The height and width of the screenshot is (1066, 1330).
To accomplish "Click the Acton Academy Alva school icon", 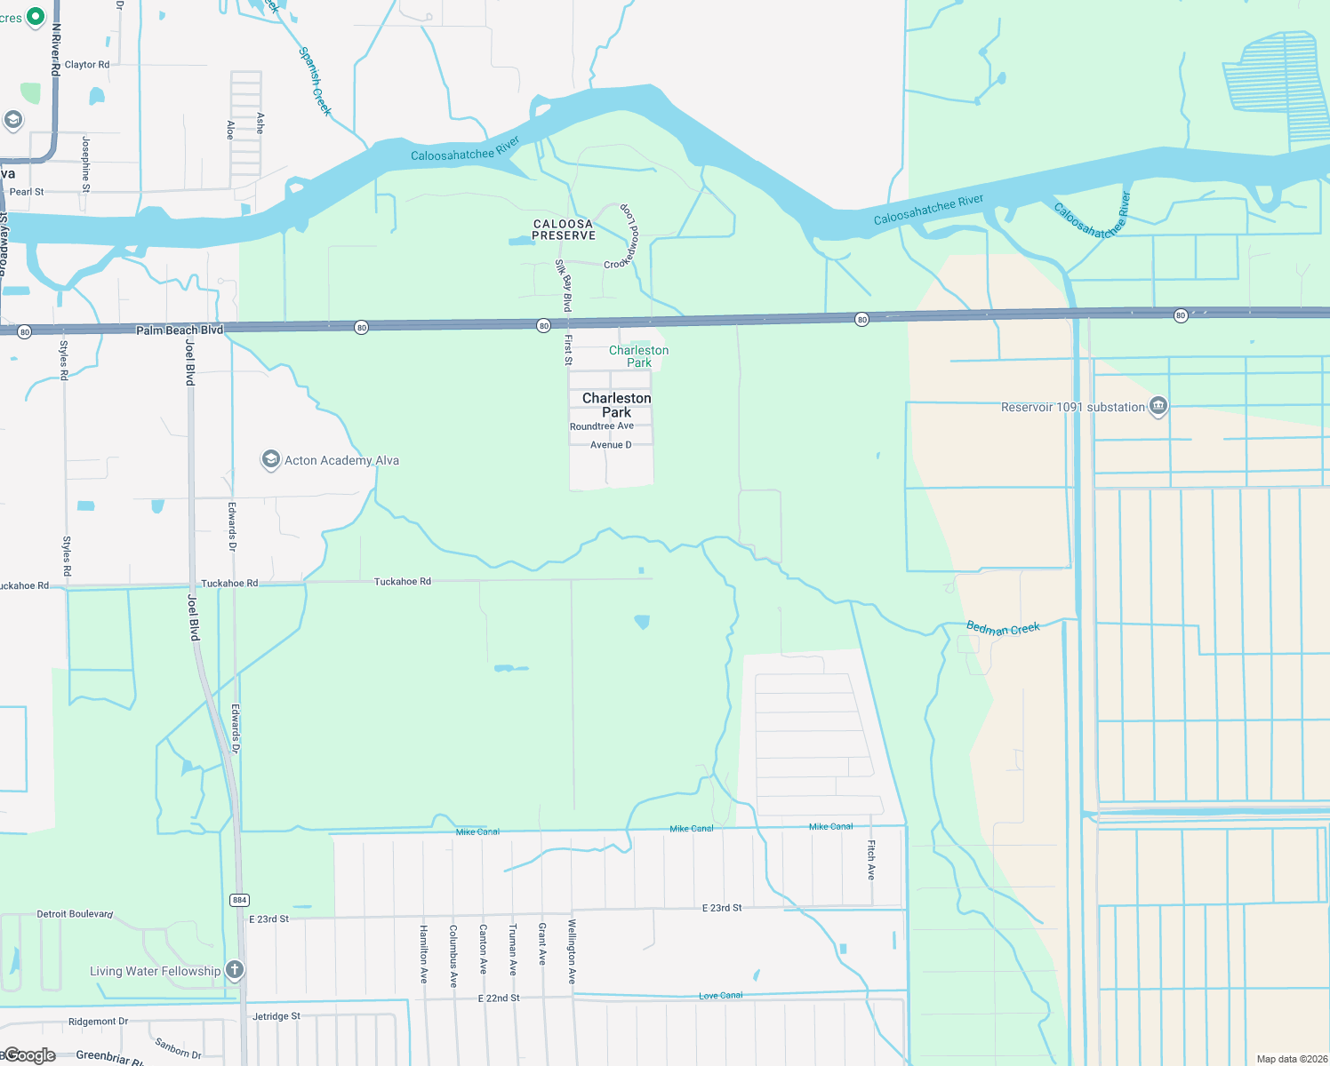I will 270,459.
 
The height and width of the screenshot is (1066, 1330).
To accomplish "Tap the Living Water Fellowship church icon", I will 235,969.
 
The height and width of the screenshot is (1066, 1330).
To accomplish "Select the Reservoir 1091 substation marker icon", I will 1158,407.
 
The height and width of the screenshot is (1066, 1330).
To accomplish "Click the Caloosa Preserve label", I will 564,230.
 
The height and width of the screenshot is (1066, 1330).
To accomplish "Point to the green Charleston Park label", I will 638,356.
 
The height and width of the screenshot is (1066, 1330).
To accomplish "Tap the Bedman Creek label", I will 1003,628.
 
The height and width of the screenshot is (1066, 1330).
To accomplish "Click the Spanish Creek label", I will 315,81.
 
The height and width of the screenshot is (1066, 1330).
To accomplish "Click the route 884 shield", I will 239,900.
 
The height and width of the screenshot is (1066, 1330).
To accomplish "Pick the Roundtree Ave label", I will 602,426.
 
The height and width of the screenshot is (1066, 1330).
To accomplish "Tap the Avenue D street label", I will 611,445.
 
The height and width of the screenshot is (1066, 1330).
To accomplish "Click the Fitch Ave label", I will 871,859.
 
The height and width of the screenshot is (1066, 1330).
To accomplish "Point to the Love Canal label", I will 720,996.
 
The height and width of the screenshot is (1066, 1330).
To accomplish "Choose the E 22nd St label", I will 499,998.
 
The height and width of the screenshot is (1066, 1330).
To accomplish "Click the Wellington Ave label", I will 572,951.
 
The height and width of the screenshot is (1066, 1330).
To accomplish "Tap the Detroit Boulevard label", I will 75,914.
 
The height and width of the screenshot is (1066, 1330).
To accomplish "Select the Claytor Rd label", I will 87,65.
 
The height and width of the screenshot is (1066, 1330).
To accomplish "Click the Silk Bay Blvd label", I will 565,285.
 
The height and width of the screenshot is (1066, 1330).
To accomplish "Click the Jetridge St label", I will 276,1016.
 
